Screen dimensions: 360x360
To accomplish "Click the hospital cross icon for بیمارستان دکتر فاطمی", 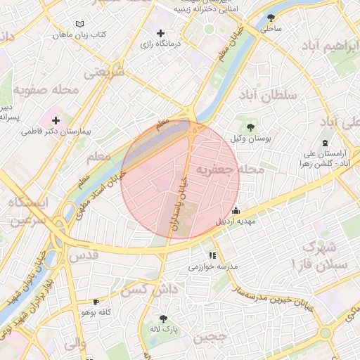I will tap(55, 120).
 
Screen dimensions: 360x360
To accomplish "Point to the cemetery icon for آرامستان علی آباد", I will tap(325, 143).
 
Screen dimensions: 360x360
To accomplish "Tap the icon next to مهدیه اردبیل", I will tap(236, 210).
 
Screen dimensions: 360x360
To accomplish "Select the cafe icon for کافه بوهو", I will tap(96, 302).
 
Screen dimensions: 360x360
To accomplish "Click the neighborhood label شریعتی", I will tap(104, 72).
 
